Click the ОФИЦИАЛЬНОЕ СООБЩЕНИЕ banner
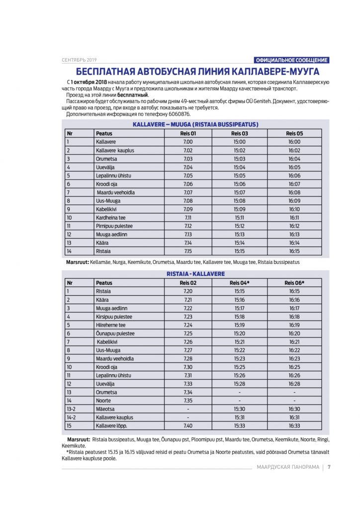click(291, 60)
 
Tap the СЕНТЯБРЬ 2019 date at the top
click(80, 60)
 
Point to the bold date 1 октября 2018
click(89, 81)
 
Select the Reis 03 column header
click(240, 133)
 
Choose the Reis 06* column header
click(294, 283)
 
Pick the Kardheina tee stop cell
click(111, 218)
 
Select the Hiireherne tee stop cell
click(111, 325)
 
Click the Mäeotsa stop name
click(105, 409)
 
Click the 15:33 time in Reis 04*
click(240, 426)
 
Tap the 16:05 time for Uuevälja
click(294, 168)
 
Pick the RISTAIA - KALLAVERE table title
click(195, 274)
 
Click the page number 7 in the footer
click(329, 467)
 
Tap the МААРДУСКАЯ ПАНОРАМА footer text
click(288, 467)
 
